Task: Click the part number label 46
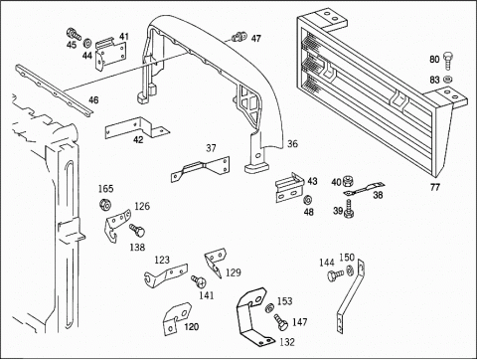[x=93, y=99]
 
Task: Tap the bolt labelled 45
[x=74, y=34]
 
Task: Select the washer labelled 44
[x=87, y=43]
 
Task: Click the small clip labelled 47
[x=239, y=37]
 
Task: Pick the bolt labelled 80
[x=447, y=60]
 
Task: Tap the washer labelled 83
[x=447, y=79]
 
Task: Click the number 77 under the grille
[x=435, y=187]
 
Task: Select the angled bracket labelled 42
[x=136, y=127]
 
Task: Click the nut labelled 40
[x=347, y=181]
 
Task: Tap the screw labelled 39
[x=348, y=209]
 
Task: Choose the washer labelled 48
[x=308, y=200]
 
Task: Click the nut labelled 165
[x=105, y=204]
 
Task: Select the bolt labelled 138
[x=137, y=230]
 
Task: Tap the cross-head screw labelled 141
[x=199, y=280]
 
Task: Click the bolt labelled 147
[x=280, y=322]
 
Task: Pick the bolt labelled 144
[x=335, y=275]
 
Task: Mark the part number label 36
[x=292, y=144]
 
